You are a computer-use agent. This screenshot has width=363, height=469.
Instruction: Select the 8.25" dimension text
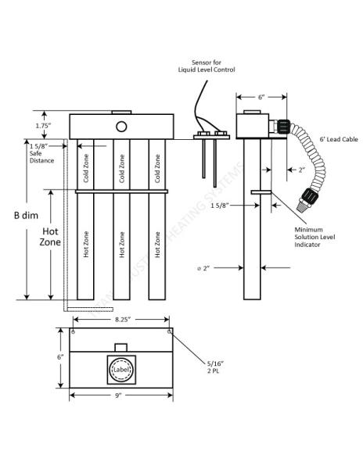[x=121, y=320]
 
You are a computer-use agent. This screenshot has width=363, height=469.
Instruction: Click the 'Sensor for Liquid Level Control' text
[x=205, y=66]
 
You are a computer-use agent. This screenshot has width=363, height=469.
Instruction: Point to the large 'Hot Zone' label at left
[x=50, y=238]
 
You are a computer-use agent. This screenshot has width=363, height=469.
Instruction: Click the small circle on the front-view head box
[x=120, y=126]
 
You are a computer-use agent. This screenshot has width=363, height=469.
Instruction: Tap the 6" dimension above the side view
[x=261, y=97]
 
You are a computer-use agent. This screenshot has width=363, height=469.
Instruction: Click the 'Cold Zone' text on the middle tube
[x=120, y=167]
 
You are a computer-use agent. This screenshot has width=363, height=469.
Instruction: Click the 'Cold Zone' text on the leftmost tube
[x=86, y=167]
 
